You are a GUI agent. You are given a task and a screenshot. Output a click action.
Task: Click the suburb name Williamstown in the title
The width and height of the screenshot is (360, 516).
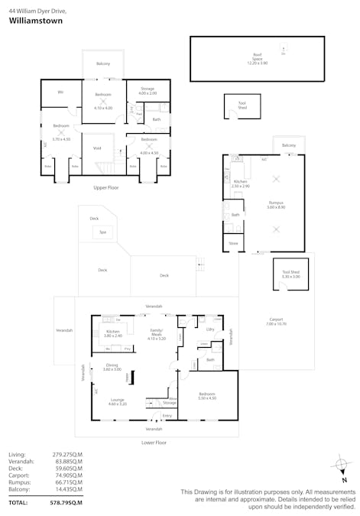pyautogui.click(x=35, y=21)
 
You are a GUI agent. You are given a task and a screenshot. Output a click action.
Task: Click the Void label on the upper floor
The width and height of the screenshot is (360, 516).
pyautogui.click(x=97, y=148)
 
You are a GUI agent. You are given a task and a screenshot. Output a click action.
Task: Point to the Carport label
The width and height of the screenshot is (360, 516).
pyautogui.click(x=276, y=320)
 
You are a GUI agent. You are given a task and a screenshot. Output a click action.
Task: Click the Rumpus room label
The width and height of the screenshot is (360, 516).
pyautogui.click(x=277, y=204)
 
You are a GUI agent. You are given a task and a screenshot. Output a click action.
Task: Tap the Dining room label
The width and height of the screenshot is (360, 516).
pyautogui.click(x=112, y=366)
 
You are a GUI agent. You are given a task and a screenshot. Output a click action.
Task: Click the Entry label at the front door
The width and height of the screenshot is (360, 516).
pyautogui.click(x=167, y=416)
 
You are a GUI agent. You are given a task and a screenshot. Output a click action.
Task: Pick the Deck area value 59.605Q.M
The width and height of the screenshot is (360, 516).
pyautogui.click(x=66, y=469)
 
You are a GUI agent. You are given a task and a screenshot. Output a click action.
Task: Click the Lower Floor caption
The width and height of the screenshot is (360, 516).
pyautogui.click(x=154, y=443)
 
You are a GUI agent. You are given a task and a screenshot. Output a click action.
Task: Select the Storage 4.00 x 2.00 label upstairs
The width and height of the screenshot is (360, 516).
pyautogui.click(x=148, y=91)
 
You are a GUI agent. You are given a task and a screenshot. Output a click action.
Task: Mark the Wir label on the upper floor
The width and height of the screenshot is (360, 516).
pyautogui.click(x=60, y=92)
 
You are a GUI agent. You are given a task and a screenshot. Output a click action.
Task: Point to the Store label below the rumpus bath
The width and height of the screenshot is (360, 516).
pyautogui.click(x=233, y=245)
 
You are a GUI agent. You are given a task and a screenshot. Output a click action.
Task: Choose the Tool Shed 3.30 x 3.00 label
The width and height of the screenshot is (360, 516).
pyautogui.click(x=290, y=274)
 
